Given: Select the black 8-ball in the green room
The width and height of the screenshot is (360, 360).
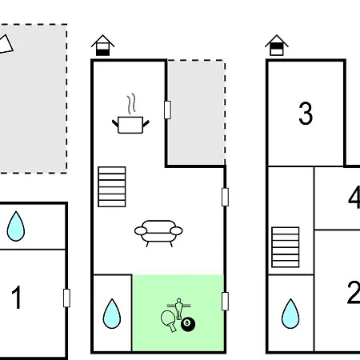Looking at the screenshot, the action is tap(188, 324).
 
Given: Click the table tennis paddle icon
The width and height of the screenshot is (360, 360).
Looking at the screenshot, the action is tap(169, 320).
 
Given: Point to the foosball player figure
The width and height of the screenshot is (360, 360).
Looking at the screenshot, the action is tap(178, 308).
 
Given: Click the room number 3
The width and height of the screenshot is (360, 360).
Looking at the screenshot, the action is tap(306, 114).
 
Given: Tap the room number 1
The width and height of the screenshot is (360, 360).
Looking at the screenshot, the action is tap(17, 297).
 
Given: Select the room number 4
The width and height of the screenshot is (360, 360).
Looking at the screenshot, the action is tap(354, 198).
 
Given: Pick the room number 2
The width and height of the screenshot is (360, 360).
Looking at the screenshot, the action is tap(354, 292).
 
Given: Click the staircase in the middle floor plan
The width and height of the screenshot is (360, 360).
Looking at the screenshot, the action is tap(112, 186).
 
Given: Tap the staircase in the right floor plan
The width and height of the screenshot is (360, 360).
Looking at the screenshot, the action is tap(286, 247).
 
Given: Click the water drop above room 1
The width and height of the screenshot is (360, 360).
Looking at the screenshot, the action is tap(16, 226).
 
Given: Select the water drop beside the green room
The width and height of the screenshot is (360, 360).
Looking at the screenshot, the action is tap(112, 314).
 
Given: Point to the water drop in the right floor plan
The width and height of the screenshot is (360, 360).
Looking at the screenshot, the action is tap(290, 314).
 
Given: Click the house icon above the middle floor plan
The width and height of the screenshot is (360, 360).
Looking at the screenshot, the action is tap(102, 45).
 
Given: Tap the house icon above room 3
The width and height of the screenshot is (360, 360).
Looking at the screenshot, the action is tap(277, 45).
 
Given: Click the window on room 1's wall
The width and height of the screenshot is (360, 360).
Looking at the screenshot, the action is tap(66, 298).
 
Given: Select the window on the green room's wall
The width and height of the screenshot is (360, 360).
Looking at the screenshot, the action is tap(225, 302).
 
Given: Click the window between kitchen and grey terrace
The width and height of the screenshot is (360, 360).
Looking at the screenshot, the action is tap(167, 110).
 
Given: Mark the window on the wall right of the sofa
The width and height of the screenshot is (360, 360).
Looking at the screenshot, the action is tap(225, 197).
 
